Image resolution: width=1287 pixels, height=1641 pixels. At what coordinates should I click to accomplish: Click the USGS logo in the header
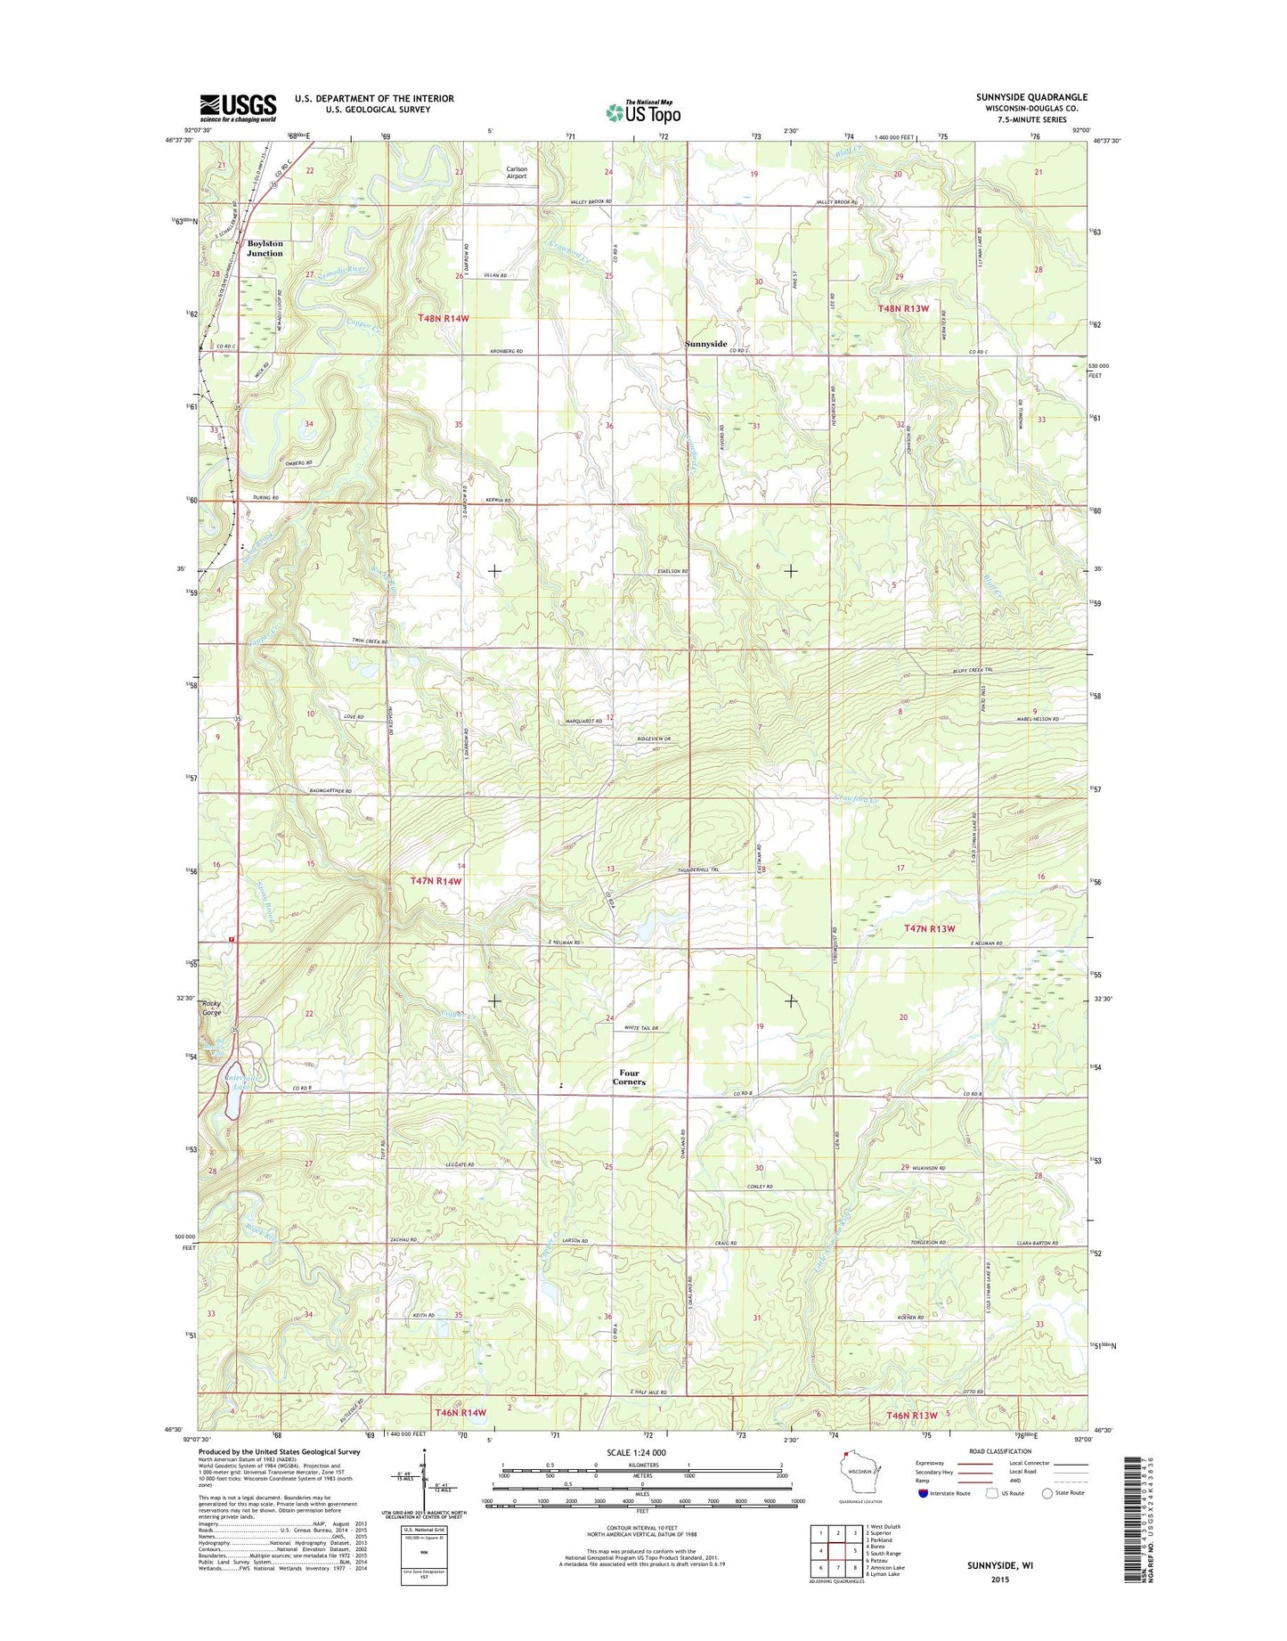pos(238,108)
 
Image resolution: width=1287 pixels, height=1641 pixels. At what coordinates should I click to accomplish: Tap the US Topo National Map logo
pos(643,111)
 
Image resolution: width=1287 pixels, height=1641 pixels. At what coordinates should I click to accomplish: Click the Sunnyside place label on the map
pos(706,344)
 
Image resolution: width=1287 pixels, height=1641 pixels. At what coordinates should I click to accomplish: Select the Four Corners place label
pos(629,1078)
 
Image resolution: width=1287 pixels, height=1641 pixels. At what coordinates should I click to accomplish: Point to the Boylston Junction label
pos(265,249)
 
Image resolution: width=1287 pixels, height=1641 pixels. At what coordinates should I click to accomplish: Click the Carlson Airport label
pos(517,173)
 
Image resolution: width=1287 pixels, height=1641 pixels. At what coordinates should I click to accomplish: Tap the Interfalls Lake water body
pos(232,1088)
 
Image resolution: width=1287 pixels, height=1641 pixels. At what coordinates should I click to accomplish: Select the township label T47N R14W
pos(436,880)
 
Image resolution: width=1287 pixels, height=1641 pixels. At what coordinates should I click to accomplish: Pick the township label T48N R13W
pos(903,308)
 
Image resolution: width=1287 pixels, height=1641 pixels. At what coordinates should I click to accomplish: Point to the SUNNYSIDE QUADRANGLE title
pos(1031,97)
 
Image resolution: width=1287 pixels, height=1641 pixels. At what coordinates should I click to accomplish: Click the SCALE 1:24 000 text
pos(636,1452)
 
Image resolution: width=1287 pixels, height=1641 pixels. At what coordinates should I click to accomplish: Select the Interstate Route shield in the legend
pos(923,1493)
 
